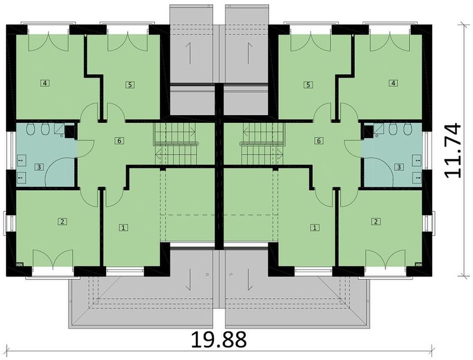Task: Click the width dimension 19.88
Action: coord(218,340)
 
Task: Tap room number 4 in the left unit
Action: coord(45,83)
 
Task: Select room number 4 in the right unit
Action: coord(393,83)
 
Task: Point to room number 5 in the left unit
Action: coord(130,85)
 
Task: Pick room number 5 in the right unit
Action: coord(308,85)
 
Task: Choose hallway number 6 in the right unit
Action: coord(319,140)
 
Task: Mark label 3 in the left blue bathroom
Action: coord(39,166)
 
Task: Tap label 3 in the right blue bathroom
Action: coord(399,166)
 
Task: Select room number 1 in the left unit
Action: coord(123,227)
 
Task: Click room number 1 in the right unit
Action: coord(315,227)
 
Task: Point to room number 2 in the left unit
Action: coord(62,221)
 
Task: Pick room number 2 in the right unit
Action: coord(376,221)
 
